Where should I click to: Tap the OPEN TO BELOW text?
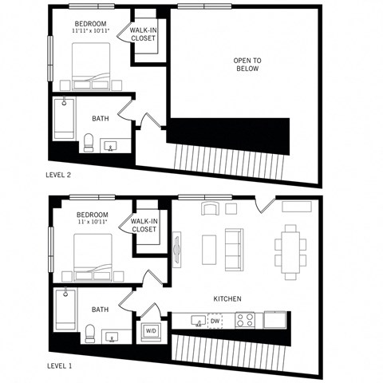[247, 65]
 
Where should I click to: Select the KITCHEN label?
[227, 299]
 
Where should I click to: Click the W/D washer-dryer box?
[151, 330]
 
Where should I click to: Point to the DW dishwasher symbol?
[215, 321]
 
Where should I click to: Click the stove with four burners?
[246, 320]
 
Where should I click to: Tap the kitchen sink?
[195, 320]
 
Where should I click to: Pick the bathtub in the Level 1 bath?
[63, 313]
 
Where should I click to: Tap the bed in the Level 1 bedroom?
[90, 258]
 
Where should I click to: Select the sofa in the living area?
[235, 248]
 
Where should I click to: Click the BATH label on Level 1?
[101, 310]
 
